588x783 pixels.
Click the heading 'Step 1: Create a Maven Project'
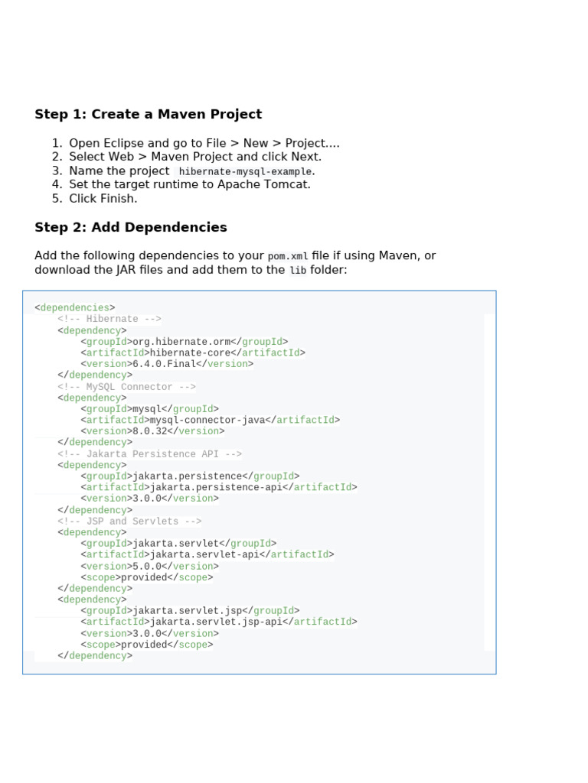tap(148, 115)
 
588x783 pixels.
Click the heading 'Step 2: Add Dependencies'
tap(131, 228)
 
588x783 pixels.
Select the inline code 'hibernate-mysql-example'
tap(245, 171)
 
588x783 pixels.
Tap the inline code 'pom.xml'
tap(288, 256)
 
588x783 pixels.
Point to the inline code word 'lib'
tap(297, 271)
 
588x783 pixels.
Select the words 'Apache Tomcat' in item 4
tap(269, 184)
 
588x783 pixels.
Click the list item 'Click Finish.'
tap(103, 199)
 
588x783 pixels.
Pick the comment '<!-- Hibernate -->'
tap(109, 320)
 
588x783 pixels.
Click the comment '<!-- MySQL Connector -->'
tap(126, 387)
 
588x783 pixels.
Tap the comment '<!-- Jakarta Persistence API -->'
tap(149, 454)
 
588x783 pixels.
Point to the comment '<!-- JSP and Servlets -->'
tap(129, 521)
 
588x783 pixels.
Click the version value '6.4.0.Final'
tap(165, 364)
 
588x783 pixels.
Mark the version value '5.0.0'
tap(147, 567)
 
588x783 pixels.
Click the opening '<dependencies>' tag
tap(75, 308)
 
